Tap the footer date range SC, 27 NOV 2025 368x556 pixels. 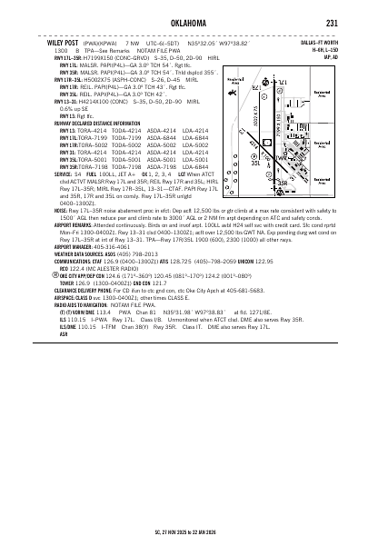point(184,536)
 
